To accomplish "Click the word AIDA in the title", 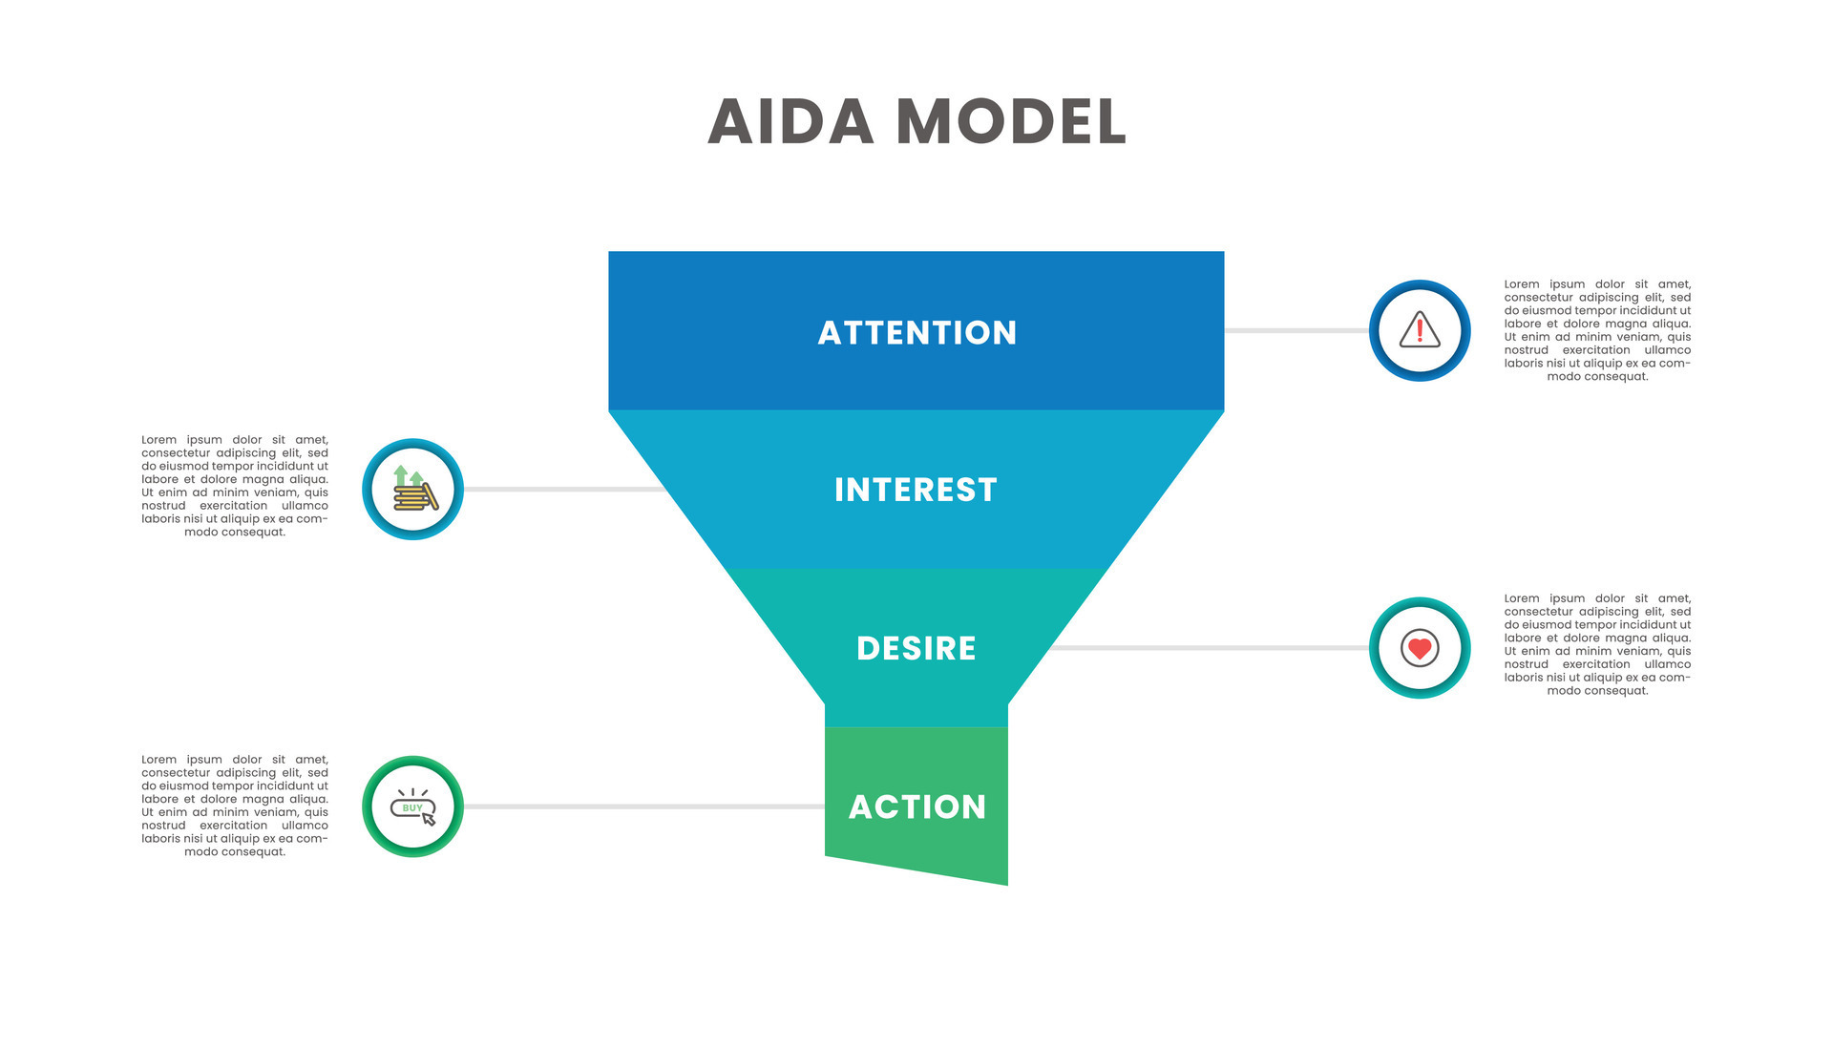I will tap(790, 122).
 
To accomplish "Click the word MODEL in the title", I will tap(1011, 122).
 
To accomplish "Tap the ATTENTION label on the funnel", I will tap(916, 332).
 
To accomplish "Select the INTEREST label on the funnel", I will tap(916, 490).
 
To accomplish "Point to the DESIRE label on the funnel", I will tap(916, 648).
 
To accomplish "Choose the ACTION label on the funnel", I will tap(916, 806).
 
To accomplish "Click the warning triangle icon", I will tap(1420, 330).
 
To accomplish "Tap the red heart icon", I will tap(1420, 648).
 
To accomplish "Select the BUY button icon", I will tap(412, 807).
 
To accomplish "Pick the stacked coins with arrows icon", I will tap(413, 490).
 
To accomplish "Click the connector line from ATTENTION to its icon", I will tap(1296, 330).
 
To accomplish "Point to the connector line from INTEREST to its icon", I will tap(563, 490).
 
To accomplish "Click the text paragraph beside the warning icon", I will tap(1597, 330).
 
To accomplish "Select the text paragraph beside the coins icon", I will tap(235, 486).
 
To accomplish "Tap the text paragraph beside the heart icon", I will tap(1597, 644).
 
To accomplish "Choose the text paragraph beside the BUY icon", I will tap(235, 806).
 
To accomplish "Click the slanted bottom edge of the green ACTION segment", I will tap(916, 870).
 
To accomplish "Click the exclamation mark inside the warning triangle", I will tap(1420, 330).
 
